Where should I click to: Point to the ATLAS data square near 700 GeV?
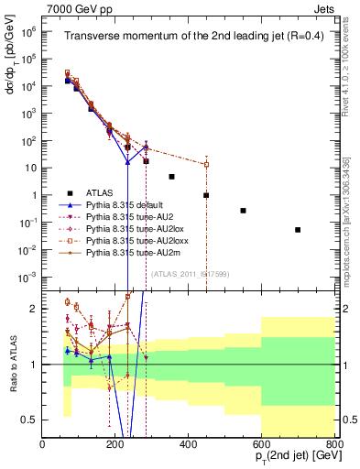pyautogui.click(x=298, y=229)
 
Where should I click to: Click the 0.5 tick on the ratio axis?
pyautogui.click(x=33, y=420)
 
